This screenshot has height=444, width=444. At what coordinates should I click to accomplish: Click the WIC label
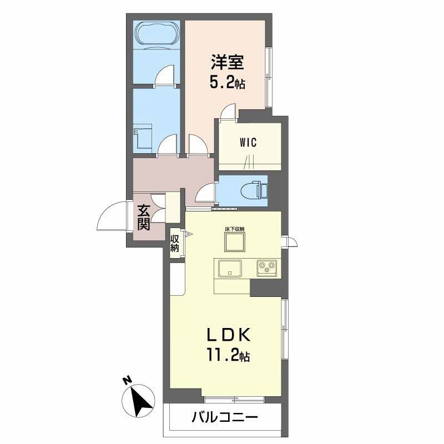tap(248, 142)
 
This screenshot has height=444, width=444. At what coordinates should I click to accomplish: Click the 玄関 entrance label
tap(144, 218)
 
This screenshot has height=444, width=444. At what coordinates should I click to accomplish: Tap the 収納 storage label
tap(174, 243)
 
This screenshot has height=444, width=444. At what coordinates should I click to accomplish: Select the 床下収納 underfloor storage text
tap(235, 229)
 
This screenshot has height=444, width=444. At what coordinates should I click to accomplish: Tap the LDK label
tap(229, 335)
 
